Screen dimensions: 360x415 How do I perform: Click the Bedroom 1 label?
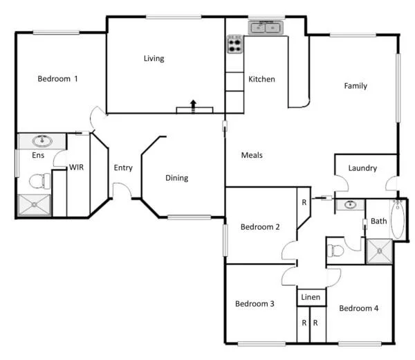(x=57, y=79)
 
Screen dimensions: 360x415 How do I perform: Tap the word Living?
(x=154, y=58)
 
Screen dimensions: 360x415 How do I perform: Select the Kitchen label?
(x=261, y=79)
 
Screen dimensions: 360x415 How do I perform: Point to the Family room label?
(x=356, y=86)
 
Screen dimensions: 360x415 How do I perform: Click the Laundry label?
(x=362, y=168)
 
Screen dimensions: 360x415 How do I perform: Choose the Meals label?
(x=252, y=155)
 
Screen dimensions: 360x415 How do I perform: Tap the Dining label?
(x=176, y=178)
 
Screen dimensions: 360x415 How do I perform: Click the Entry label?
(x=123, y=168)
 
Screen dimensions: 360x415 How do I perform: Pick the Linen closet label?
(x=311, y=298)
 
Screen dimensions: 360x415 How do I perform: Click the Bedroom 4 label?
(x=358, y=308)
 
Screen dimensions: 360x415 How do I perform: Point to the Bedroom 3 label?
(x=255, y=303)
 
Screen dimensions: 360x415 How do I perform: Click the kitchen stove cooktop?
(x=235, y=45)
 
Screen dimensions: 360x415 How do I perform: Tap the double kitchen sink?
(x=266, y=27)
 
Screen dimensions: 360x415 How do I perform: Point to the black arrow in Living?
(x=193, y=105)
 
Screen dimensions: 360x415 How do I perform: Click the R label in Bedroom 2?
(x=304, y=203)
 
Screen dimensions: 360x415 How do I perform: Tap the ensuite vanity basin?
(x=43, y=141)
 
